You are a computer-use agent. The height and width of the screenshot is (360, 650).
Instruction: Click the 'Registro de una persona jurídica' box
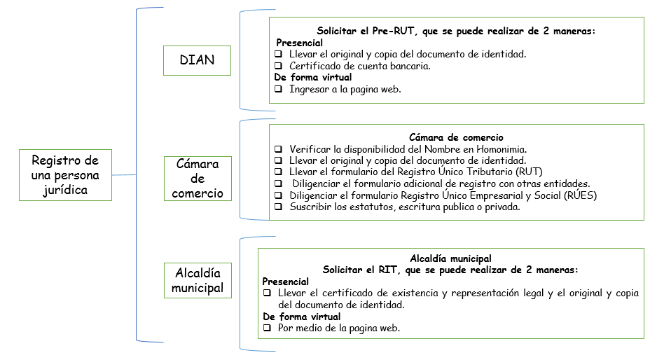(x=65, y=175)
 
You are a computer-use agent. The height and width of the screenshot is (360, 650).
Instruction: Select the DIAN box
(x=197, y=60)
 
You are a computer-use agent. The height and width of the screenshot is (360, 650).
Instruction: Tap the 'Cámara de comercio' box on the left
(x=197, y=179)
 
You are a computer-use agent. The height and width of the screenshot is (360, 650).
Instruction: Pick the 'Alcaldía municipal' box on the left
(x=198, y=280)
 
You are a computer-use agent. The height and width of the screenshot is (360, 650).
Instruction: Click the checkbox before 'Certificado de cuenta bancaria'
(x=279, y=66)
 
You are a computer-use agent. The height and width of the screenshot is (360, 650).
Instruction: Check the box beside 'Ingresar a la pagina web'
(x=279, y=89)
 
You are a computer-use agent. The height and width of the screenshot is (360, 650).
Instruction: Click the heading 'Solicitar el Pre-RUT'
(x=455, y=32)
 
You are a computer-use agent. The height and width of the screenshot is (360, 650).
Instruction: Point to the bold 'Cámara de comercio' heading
(x=456, y=137)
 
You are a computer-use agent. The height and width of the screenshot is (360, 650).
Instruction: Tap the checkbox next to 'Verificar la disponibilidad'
(x=279, y=149)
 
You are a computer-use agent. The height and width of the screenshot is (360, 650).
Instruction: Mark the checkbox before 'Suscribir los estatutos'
(x=279, y=207)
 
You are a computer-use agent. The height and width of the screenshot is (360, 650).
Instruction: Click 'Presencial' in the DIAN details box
(x=300, y=43)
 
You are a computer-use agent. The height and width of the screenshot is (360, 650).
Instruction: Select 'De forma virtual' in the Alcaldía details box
(x=301, y=317)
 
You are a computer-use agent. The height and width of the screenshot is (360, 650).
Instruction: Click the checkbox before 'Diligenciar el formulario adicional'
(x=279, y=184)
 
